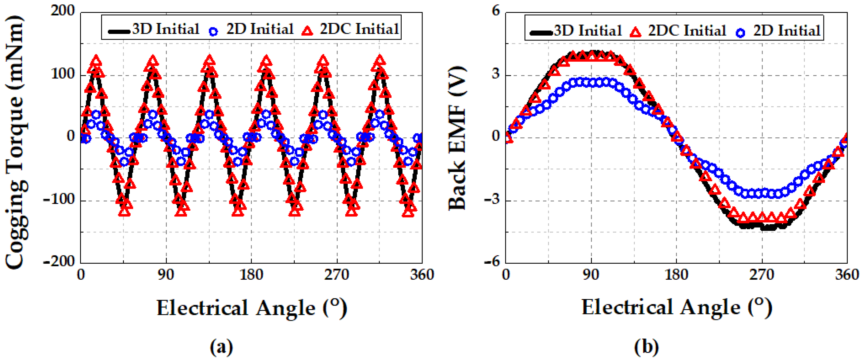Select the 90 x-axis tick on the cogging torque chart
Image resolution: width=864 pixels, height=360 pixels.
point(166,275)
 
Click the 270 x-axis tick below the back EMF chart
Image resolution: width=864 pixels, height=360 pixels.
point(762,275)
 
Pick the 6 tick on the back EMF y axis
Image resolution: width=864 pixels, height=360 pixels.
point(496,11)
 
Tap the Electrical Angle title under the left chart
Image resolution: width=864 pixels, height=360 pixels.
point(251,308)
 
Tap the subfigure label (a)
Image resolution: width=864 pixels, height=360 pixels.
point(221,347)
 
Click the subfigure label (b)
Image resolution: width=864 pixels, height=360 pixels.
point(646,347)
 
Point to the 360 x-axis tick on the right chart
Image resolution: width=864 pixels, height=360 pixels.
point(847,275)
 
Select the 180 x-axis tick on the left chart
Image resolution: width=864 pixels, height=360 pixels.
point(251,275)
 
